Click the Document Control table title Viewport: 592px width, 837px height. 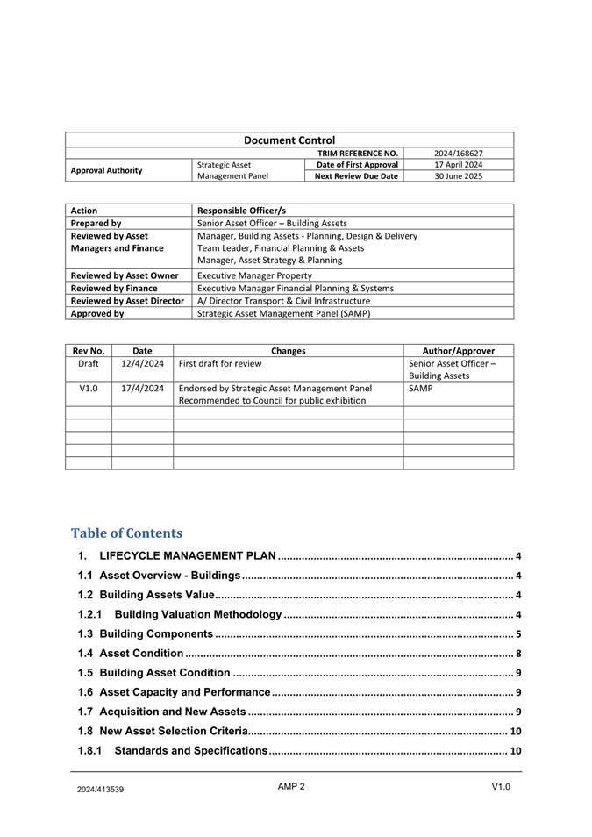289,139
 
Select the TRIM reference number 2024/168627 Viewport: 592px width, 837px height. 458,153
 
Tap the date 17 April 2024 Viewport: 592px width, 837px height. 458,165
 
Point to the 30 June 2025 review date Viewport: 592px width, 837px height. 458,176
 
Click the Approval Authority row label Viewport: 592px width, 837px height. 107,170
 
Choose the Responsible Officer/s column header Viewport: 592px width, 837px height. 241,211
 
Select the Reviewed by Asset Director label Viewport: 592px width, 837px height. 127,301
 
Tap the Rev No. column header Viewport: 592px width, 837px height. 88,351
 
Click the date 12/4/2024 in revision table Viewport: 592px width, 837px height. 142,363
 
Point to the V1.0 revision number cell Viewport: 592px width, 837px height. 88,388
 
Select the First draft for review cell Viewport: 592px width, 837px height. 219,363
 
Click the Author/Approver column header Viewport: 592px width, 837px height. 458,351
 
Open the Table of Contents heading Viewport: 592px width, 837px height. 126,533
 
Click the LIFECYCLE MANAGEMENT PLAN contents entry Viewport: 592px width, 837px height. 189,556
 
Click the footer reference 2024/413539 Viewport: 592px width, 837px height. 99,789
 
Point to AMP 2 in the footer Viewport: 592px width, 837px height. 291,786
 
